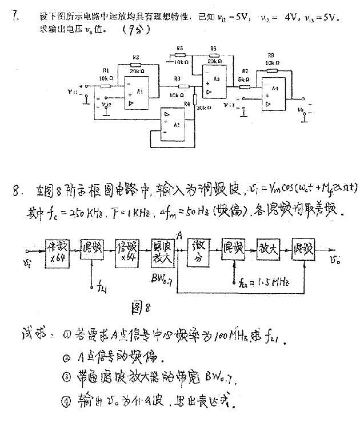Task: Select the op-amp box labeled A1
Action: tap(136, 92)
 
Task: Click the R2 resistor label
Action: tap(135, 58)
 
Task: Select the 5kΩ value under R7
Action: tap(244, 79)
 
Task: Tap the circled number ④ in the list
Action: tap(67, 399)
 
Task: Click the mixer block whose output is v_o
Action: tap(303, 249)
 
